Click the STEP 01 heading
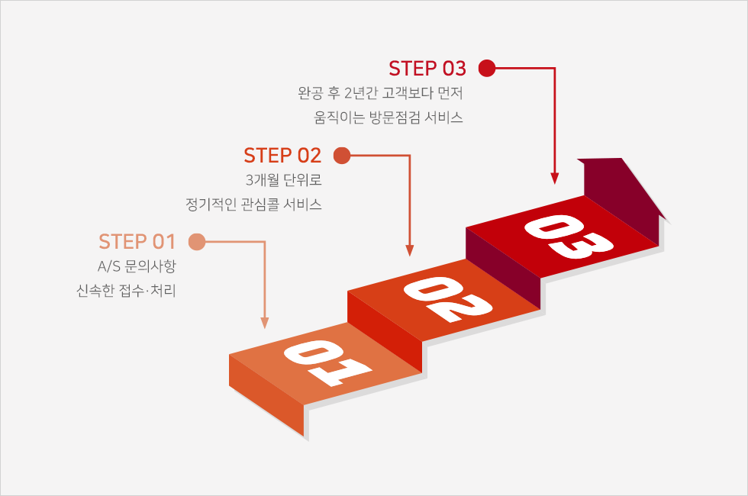(137, 242)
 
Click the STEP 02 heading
(282, 156)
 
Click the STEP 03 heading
(427, 69)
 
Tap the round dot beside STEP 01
(197, 242)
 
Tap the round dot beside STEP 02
(342, 156)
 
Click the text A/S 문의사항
(132, 267)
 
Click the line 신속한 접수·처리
(126, 291)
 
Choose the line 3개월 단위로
(283, 181)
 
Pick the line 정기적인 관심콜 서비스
(253, 205)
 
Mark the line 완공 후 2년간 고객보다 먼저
(381, 94)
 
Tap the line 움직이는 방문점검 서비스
(389, 118)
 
